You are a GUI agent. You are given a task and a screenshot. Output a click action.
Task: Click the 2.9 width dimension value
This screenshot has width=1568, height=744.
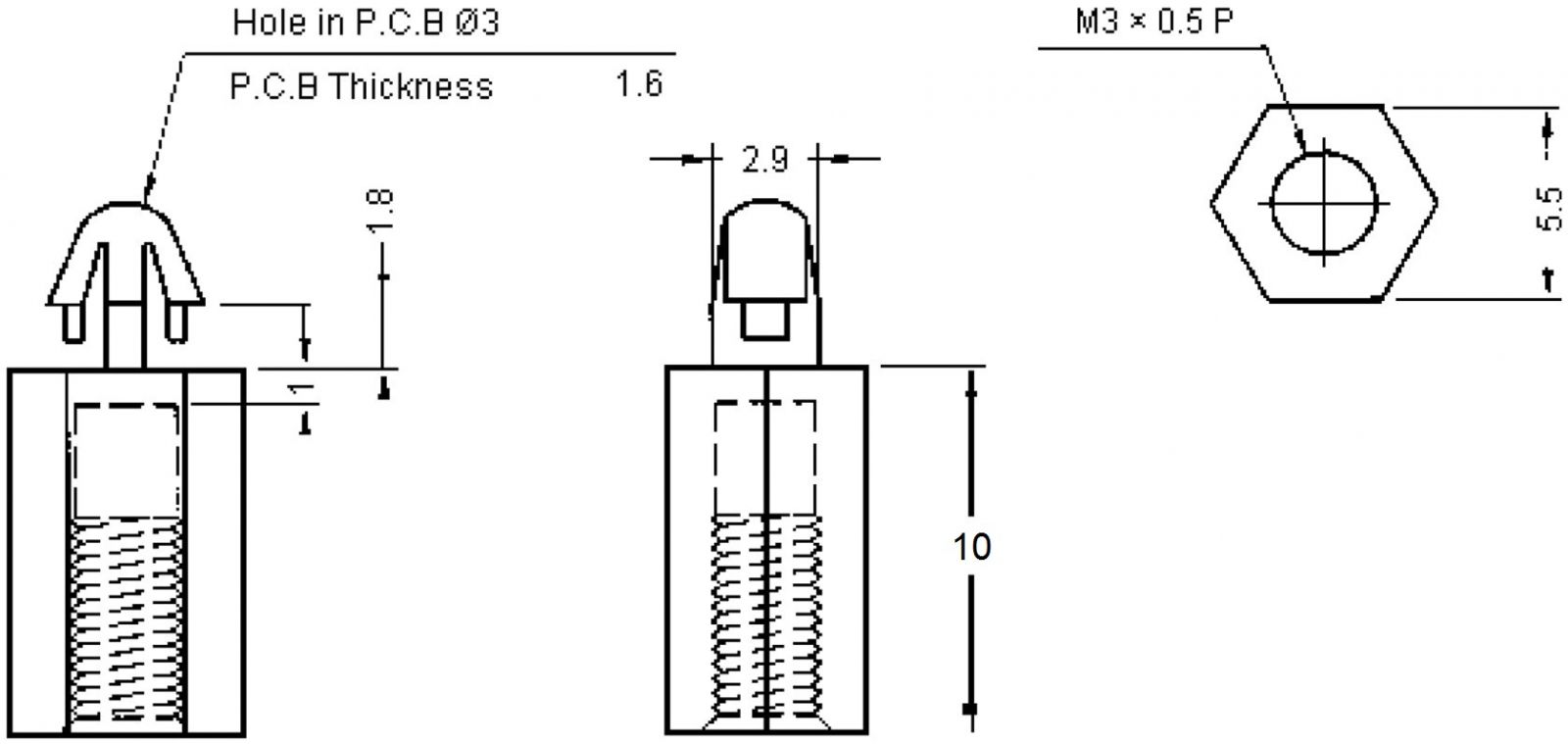click(764, 161)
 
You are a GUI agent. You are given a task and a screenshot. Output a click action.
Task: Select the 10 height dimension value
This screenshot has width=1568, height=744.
click(972, 547)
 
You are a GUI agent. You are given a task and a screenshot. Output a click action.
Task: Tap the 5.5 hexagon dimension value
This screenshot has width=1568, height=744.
click(1548, 209)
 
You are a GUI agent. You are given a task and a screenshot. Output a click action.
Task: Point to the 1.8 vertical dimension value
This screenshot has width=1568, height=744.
click(381, 211)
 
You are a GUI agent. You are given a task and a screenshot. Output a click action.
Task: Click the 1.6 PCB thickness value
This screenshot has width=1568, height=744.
click(638, 84)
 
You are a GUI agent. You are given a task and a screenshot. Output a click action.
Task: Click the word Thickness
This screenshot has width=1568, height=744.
click(411, 87)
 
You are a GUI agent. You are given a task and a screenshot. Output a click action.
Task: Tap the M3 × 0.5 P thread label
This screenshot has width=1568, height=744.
click(1153, 22)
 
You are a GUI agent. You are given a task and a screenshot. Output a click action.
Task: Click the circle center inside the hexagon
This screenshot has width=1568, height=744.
click(1323, 204)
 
